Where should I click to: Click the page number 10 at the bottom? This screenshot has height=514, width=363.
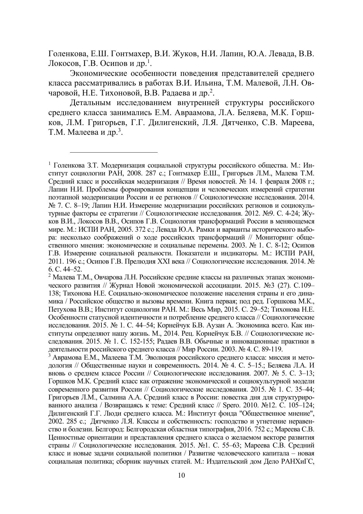click(x=181, y=475)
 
